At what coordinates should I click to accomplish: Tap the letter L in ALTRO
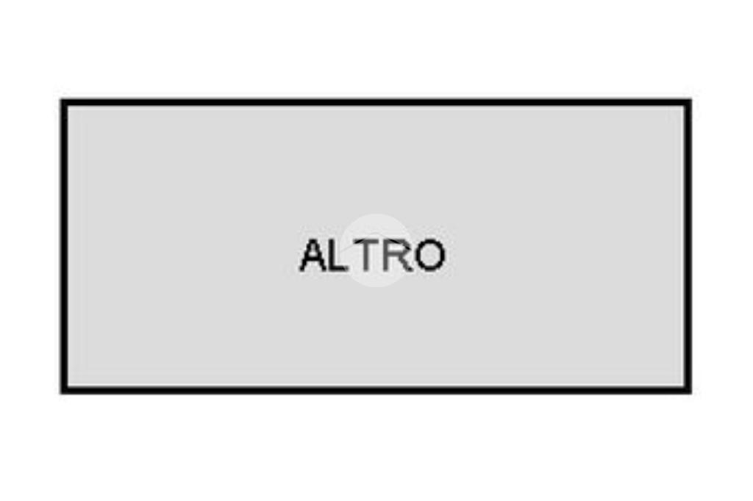pos(337,256)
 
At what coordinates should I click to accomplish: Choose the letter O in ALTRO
pos(429,256)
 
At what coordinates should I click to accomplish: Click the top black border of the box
pos(376,102)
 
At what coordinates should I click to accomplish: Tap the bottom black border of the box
pos(376,389)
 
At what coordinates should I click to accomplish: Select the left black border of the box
pos(64,246)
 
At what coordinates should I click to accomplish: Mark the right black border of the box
pos(688,246)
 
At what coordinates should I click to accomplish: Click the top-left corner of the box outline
pos(64,102)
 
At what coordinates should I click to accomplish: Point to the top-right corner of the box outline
pos(688,102)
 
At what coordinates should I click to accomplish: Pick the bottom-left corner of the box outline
pos(64,389)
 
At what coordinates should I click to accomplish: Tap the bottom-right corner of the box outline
pos(688,389)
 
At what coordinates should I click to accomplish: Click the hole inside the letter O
pos(429,256)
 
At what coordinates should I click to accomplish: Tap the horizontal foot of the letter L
pos(339,269)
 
